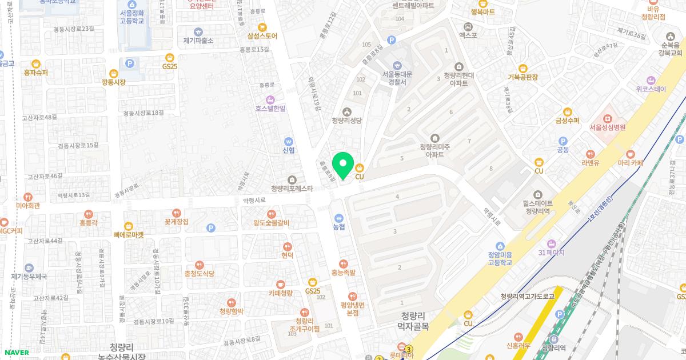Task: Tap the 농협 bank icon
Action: pos(339,218)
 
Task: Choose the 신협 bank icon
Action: pos(289,141)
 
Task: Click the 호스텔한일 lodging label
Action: pos(270,109)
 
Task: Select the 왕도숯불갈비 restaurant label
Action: pos(272,223)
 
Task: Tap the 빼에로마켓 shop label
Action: pos(129,234)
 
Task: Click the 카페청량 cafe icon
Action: pos(281,284)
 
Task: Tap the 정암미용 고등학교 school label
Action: pos(500,259)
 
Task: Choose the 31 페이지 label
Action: pos(551,253)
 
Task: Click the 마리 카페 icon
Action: pos(631,154)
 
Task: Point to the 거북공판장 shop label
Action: pos(523,77)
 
